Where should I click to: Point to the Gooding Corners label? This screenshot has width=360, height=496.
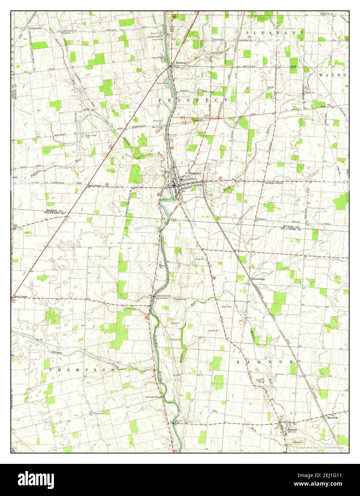pos(274,183)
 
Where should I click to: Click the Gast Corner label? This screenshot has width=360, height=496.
pos(95,186)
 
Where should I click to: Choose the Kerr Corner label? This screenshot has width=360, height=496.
pos(20,297)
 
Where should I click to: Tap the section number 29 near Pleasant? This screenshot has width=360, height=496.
pos(249,37)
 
